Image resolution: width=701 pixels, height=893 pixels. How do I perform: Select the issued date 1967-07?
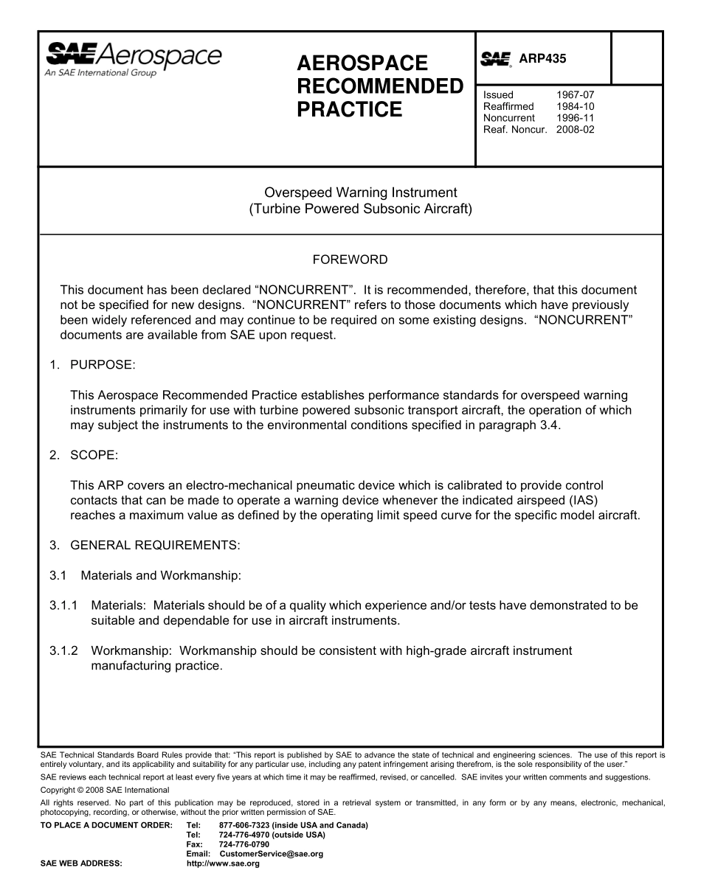pos(575,95)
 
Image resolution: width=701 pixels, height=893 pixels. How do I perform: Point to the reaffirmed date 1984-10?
pos(575,106)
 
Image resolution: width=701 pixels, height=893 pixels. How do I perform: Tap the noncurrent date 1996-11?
pos(575,118)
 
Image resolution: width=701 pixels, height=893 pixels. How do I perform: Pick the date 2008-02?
pos(575,130)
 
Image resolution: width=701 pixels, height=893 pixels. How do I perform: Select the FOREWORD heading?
pos(350,260)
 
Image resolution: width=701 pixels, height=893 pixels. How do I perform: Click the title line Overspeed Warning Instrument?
pos(350,193)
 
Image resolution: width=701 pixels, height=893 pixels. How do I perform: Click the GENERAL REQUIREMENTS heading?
pos(154,546)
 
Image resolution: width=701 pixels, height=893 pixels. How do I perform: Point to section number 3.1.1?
pos(63,605)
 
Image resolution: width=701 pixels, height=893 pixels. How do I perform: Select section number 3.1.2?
pos(63,651)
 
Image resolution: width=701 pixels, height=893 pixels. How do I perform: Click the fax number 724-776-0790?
pos(244,844)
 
